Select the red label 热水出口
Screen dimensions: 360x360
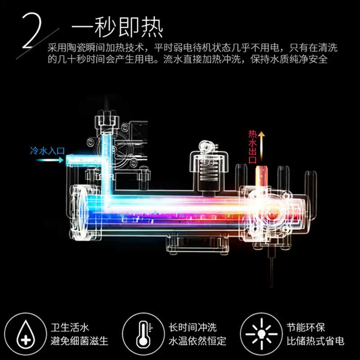coord(252,147)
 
